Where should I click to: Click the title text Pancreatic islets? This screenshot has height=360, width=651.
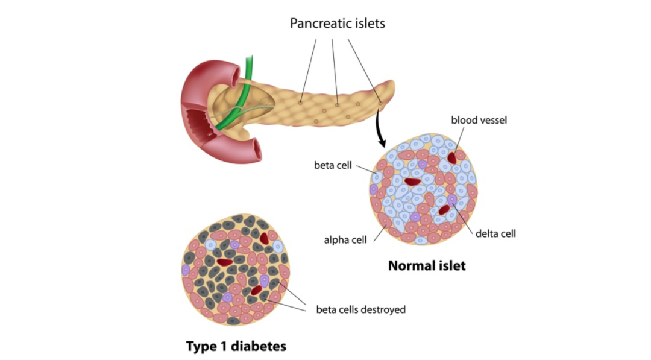[x=337, y=24]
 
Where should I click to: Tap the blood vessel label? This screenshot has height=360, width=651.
[x=479, y=120]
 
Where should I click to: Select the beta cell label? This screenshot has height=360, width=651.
[x=333, y=165]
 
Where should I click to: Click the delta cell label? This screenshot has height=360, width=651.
[x=495, y=233]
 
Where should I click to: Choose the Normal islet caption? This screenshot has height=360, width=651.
[x=427, y=265]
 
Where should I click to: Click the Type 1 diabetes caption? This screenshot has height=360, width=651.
[x=236, y=346]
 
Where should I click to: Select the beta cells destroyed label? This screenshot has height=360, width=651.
[x=361, y=310]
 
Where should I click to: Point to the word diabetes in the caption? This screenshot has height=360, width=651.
[x=257, y=346]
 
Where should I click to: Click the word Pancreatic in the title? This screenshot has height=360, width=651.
[x=318, y=24]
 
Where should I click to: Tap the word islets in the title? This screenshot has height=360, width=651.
[x=367, y=24]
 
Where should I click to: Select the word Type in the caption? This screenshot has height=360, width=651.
[x=201, y=346]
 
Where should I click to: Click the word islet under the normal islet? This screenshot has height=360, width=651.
[x=451, y=265]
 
